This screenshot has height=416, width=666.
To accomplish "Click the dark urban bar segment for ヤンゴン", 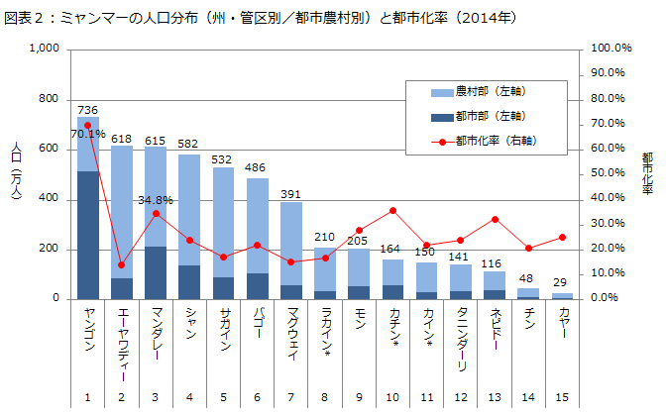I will [x=88, y=235].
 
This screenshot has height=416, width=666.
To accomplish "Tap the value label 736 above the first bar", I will [x=87, y=110].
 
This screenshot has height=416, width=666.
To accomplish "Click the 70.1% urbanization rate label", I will [x=87, y=133].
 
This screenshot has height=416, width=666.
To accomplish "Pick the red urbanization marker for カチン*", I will [x=393, y=210].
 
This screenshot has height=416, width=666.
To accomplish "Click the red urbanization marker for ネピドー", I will [x=495, y=219].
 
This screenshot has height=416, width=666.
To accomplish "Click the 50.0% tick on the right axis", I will [x=610, y=173].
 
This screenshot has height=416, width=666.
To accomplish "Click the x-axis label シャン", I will [x=189, y=323].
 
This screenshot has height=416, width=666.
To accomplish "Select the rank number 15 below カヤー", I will [x=562, y=398].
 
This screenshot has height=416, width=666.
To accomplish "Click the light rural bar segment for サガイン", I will [x=224, y=223].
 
